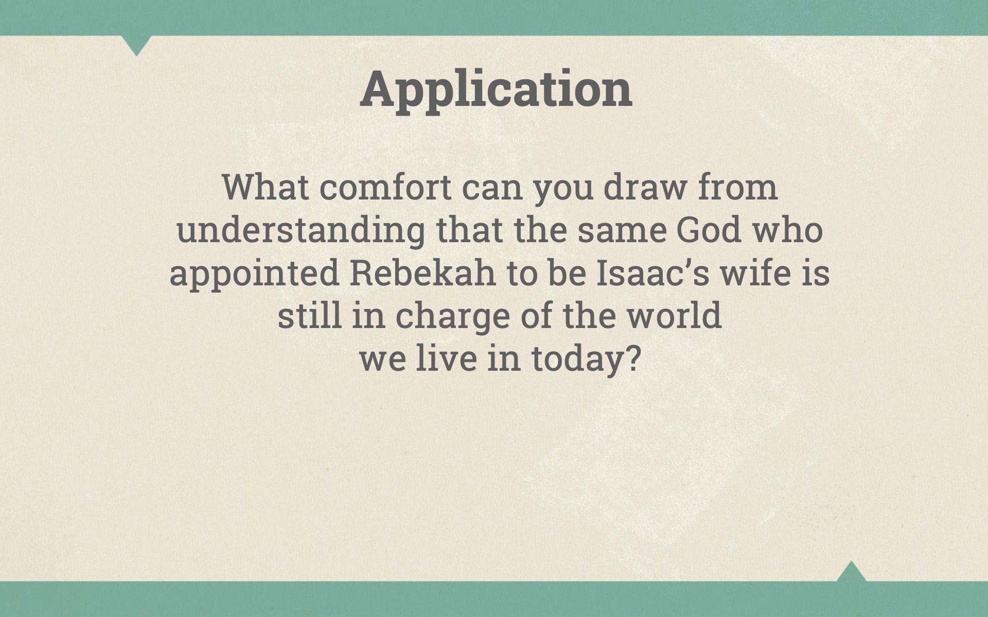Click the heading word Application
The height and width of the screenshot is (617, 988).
(496, 89)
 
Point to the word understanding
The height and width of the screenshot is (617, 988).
(301, 231)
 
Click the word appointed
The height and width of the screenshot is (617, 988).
(254, 274)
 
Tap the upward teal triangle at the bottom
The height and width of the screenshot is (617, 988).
(851, 572)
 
